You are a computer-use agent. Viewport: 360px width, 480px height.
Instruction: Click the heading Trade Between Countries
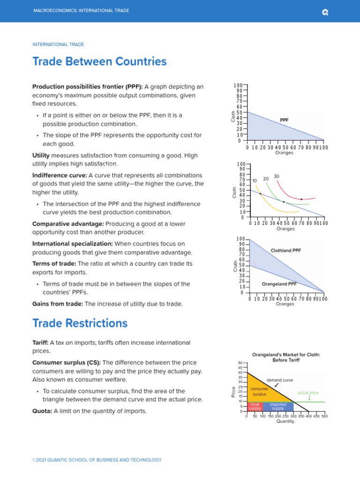point(99,61)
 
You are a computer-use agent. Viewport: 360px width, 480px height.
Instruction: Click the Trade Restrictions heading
point(80,323)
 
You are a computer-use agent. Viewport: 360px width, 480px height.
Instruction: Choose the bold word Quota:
point(42,411)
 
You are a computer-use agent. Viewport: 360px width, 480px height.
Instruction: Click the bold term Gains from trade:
point(57,304)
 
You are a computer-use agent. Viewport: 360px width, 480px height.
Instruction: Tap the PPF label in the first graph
point(284,120)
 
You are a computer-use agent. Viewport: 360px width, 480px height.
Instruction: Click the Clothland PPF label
point(285,250)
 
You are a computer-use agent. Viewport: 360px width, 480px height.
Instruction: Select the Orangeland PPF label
point(279,284)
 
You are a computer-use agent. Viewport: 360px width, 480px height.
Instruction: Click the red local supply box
point(255,406)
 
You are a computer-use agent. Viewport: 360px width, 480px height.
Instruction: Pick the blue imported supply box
point(278,406)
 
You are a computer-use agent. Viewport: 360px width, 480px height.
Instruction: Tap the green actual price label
point(308,392)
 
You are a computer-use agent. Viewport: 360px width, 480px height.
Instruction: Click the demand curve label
point(280,380)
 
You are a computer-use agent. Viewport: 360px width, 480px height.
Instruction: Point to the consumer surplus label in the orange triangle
point(259,392)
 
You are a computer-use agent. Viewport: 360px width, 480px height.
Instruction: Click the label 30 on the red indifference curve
point(277,176)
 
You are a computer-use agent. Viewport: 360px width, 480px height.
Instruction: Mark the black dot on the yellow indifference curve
point(260,194)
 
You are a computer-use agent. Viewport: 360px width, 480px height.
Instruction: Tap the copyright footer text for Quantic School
point(97,460)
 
